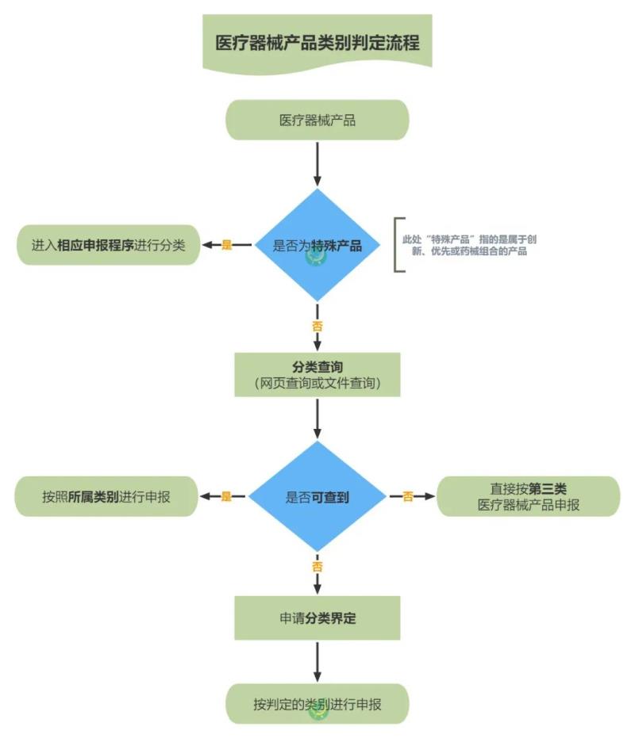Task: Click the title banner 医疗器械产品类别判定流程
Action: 317,42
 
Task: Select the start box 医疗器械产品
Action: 317,120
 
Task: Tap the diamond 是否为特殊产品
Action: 317,245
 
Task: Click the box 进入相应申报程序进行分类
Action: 109,245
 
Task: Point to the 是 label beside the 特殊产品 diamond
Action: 227,245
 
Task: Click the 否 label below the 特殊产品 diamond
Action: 317,325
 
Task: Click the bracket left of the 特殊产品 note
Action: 398,245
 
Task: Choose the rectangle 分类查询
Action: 317,375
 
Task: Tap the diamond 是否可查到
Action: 317,497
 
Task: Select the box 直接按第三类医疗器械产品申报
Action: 529,497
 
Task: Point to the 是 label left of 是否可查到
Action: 226,497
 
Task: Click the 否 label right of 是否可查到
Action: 407,497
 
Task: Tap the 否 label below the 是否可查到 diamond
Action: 317,567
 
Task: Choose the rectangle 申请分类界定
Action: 317,618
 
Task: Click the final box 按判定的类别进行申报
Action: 317,703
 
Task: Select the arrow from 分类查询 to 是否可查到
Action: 317,419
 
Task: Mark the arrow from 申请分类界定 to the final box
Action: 317,661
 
